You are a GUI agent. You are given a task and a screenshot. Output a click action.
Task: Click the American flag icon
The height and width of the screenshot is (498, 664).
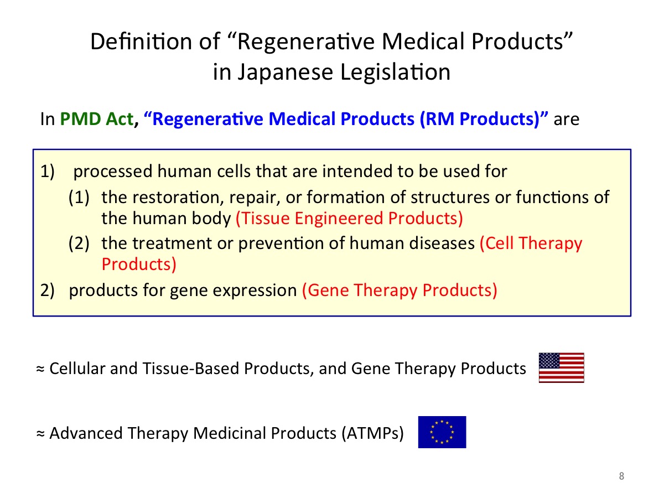tap(561, 367)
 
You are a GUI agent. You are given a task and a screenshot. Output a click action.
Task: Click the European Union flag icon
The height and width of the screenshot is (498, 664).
tap(442, 432)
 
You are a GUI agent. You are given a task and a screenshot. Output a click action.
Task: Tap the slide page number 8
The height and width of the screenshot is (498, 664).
tap(621, 476)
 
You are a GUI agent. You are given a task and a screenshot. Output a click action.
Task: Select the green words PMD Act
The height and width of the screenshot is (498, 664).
tap(97, 118)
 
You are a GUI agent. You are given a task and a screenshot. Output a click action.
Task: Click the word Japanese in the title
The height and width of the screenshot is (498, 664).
tap(285, 72)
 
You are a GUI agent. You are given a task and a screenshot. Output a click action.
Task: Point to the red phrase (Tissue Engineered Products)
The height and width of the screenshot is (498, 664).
tap(349, 218)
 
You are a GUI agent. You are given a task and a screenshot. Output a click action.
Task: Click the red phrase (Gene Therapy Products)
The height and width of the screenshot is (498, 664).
tap(400, 290)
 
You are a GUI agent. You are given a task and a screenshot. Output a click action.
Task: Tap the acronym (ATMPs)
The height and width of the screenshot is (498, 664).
tap(373, 433)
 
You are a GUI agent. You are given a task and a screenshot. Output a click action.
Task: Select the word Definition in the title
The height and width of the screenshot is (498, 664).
tap(141, 41)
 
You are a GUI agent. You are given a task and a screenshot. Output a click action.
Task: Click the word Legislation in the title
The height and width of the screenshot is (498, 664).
tap(396, 72)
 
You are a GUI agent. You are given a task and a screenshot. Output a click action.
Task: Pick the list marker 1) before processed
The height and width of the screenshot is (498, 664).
tap(47, 172)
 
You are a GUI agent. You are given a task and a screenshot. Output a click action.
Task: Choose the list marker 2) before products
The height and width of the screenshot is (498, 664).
tap(47, 290)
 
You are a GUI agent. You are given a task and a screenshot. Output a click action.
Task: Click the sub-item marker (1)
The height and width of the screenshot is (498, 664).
tap(79, 198)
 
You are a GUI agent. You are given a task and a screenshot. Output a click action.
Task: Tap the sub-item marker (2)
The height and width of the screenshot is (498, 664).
tap(79, 243)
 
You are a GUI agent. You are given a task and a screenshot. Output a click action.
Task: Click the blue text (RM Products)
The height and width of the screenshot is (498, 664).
tap(480, 118)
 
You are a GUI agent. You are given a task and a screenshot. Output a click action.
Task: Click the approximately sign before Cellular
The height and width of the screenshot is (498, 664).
tap(40, 369)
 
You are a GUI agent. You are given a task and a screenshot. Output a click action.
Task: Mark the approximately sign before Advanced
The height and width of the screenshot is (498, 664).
tap(40, 434)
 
